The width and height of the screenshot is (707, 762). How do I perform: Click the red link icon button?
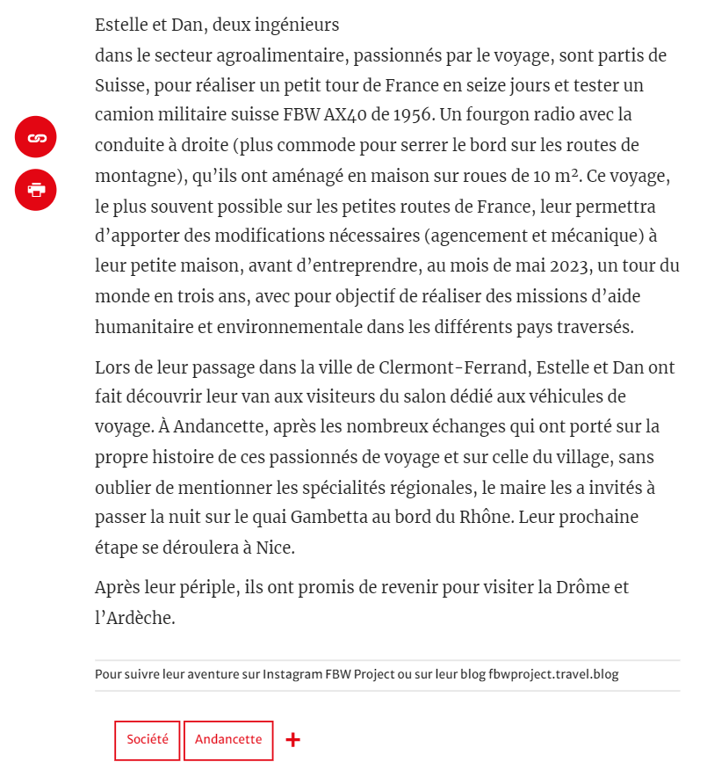tap(36, 137)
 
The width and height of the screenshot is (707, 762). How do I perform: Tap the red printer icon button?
tap(36, 190)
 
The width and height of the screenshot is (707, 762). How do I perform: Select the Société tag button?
tap(148, 740)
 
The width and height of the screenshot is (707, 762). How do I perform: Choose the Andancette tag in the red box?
tap(228, 740)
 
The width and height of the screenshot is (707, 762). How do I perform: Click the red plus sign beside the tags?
tap(293, 740)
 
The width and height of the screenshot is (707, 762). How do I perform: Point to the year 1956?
tap(412, 114)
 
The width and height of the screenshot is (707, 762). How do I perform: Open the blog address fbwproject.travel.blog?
tap(553, 675)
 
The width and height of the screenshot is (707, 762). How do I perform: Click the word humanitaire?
tap(146, 327)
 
